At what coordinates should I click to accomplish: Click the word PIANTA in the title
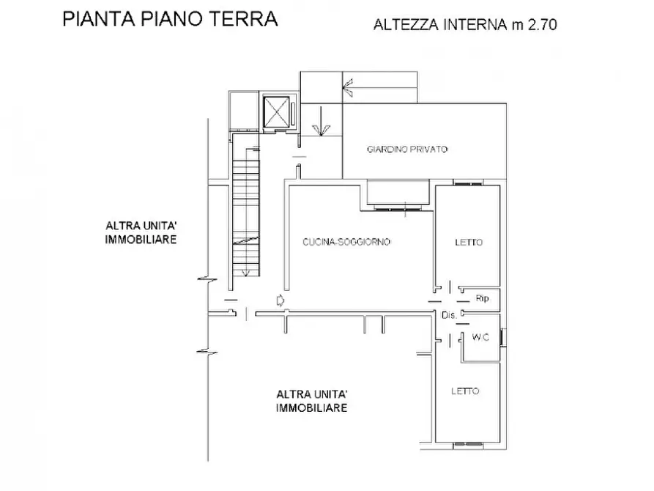point(92,19)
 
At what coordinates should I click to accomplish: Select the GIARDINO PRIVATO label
point(407,149)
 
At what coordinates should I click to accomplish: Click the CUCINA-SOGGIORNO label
point(346,242)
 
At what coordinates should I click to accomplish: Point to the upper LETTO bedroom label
point(468,243)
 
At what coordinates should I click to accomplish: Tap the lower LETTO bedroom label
point(466,391)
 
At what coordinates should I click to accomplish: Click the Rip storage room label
point(483,299)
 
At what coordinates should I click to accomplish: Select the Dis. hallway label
point(449,315)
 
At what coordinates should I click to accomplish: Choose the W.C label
point(480,338)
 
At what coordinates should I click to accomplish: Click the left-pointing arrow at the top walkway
point(350,89)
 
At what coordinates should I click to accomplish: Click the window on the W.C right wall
point(502,337)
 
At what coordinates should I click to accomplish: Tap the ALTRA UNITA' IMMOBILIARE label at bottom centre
point(311,401)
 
